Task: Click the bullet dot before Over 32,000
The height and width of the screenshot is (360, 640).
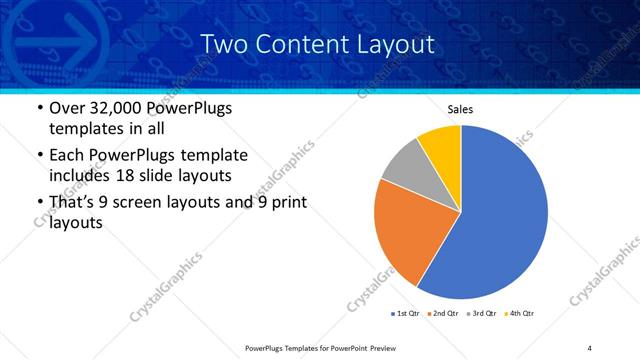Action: (38, 108)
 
